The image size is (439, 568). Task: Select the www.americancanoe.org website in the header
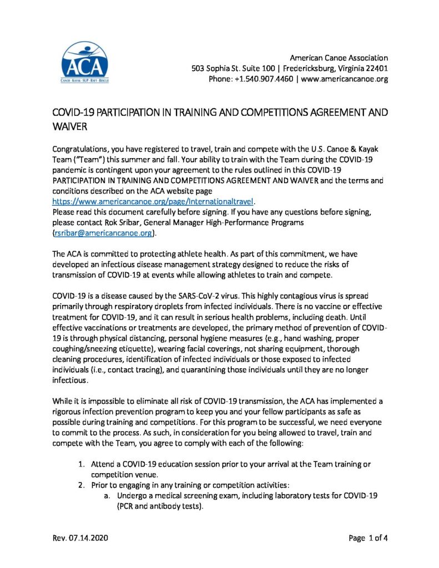click(344, 79)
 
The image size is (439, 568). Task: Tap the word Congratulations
click(81, 149)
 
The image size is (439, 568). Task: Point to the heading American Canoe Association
click(339, 58)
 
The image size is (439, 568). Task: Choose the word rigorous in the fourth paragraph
click(68, 411)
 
